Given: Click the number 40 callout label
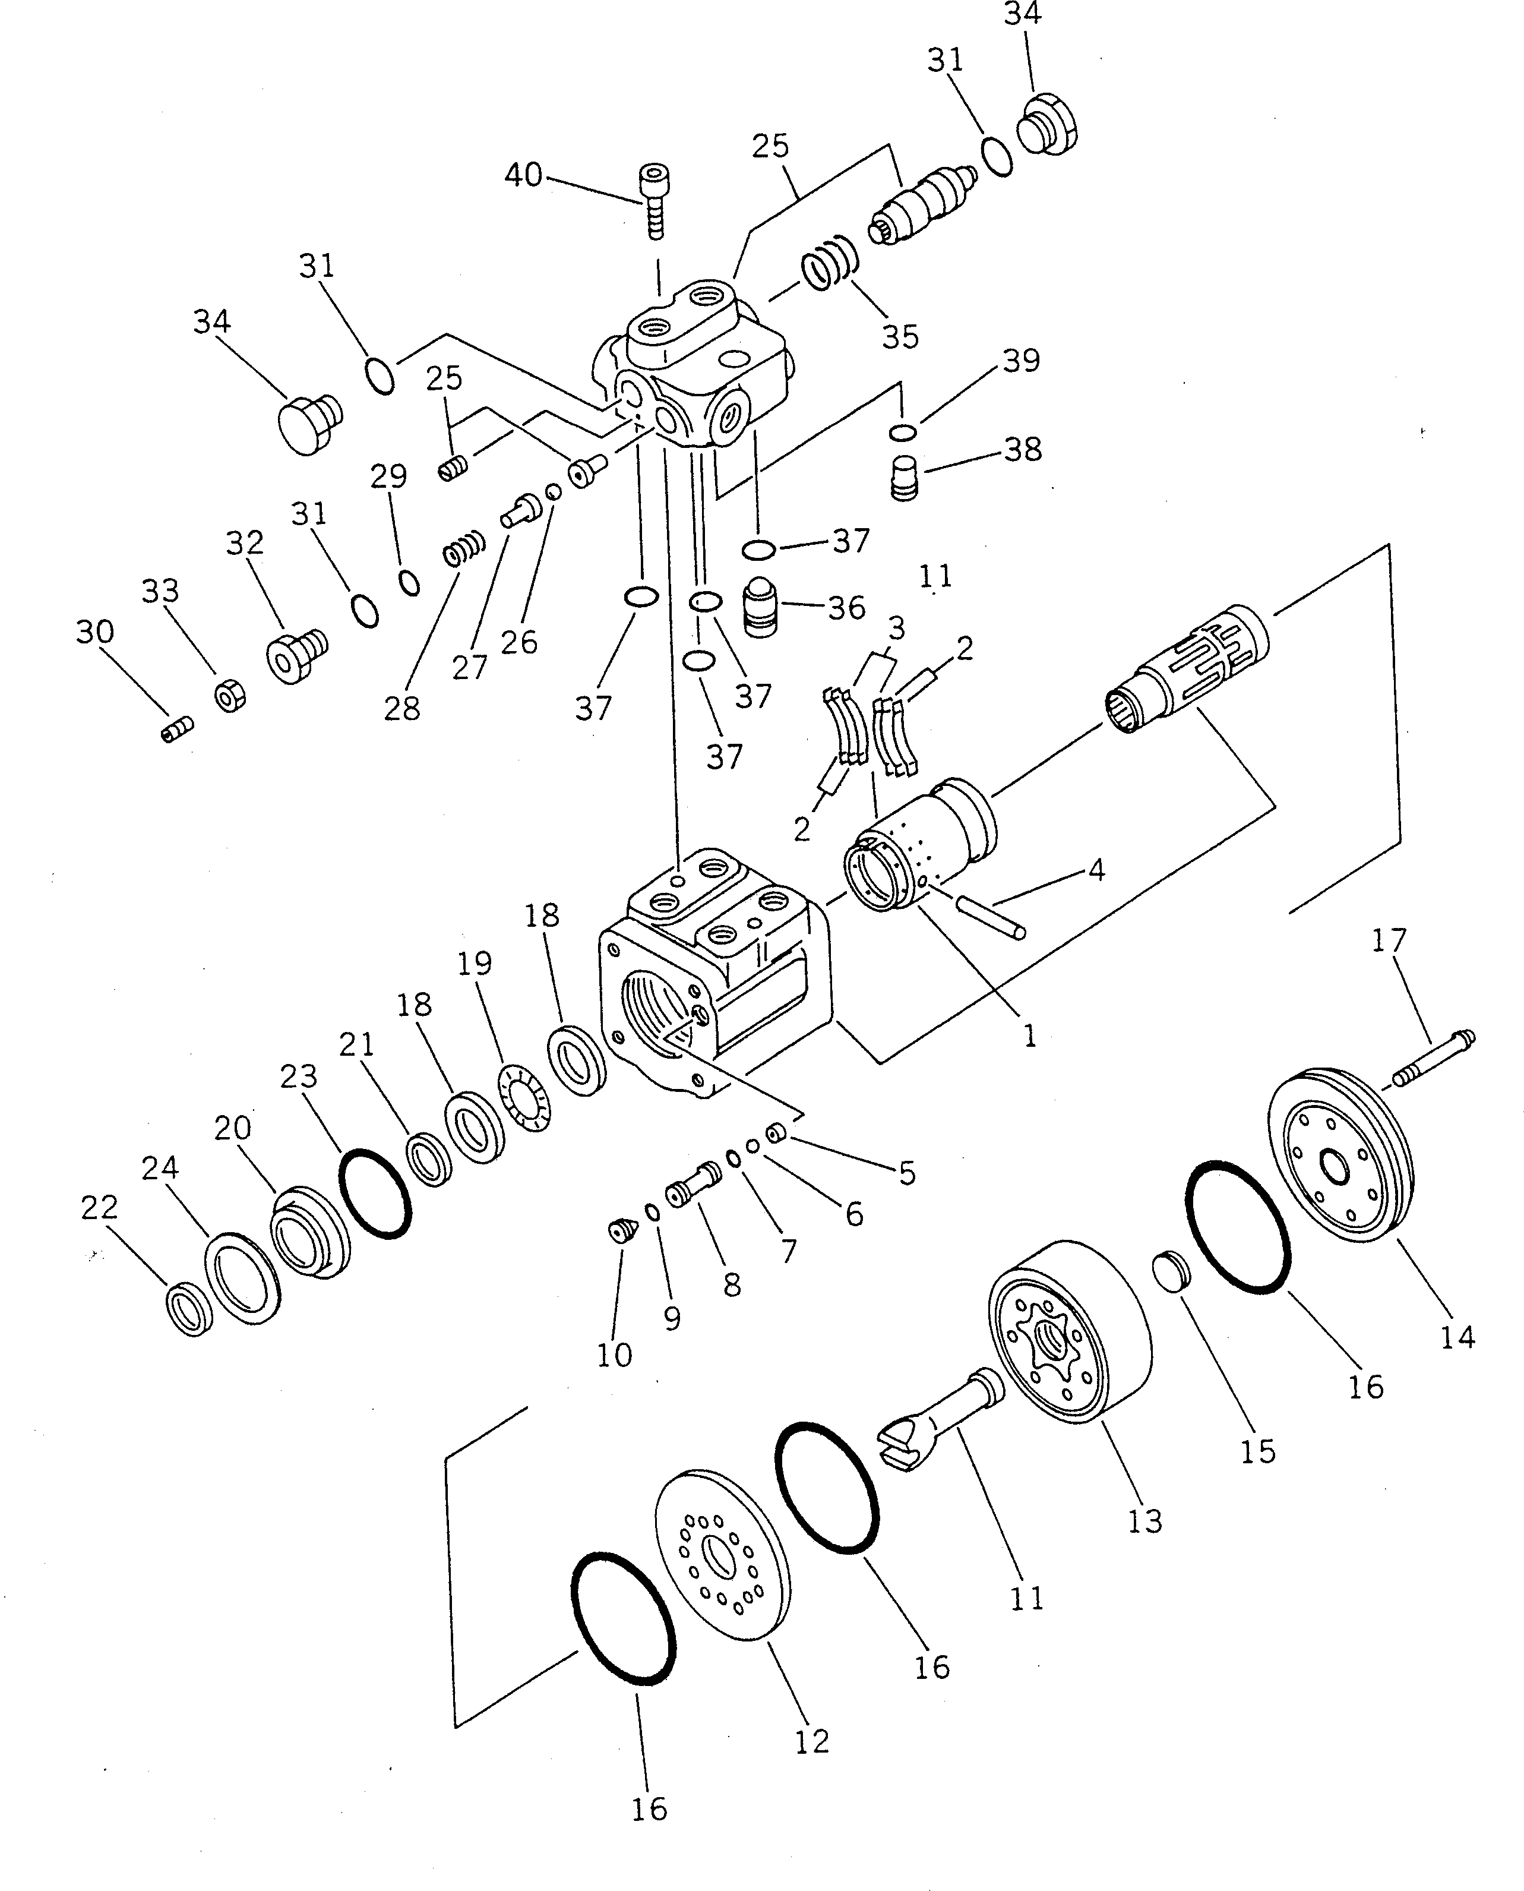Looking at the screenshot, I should pyautogui.click(x=523, y=176).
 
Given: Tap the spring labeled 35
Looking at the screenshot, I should pyautogui.click(x=829, y=261).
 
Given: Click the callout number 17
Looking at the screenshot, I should pyautogui.click(x=1389, y=940).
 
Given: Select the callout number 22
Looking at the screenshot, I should pyautogui.click(x=99, y=1208).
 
